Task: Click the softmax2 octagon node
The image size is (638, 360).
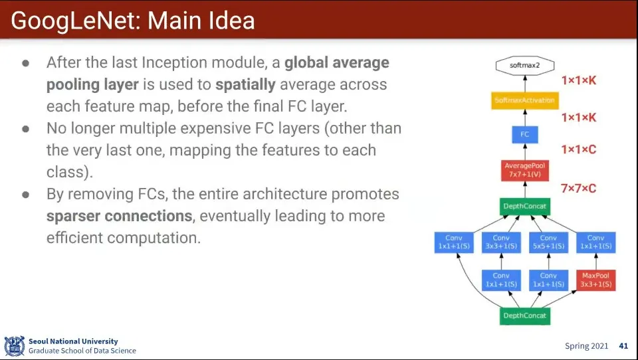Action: coord(525,65)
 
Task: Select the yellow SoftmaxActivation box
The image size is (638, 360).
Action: coord(525,100)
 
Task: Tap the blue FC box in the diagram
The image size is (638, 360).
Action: coord(525,134)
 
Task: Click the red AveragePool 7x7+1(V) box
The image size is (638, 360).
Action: coord(525,170)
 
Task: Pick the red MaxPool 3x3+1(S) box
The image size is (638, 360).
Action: coord(595,280)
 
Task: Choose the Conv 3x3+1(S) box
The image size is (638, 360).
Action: coord(501,242)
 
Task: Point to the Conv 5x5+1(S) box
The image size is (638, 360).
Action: coord(548,242)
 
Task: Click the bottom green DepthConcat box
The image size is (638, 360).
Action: coord(525,315)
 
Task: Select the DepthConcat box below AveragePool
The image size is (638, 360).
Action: coord(525,207)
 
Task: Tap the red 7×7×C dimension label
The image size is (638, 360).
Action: coord(579,189)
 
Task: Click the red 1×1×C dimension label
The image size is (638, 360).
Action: coord(579,149)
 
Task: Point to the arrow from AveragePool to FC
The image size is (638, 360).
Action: coord(525,151)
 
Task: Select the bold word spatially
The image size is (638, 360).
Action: coord(245,84)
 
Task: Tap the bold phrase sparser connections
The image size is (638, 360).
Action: coord(119,216)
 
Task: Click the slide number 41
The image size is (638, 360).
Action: coord(623,346)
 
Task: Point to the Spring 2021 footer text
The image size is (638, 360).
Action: coord(586,346)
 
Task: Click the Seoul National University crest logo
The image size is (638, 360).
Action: coord(15,346)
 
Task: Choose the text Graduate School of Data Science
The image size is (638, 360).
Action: coord(82,351)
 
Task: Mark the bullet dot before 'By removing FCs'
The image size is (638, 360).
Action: coord(26,195)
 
